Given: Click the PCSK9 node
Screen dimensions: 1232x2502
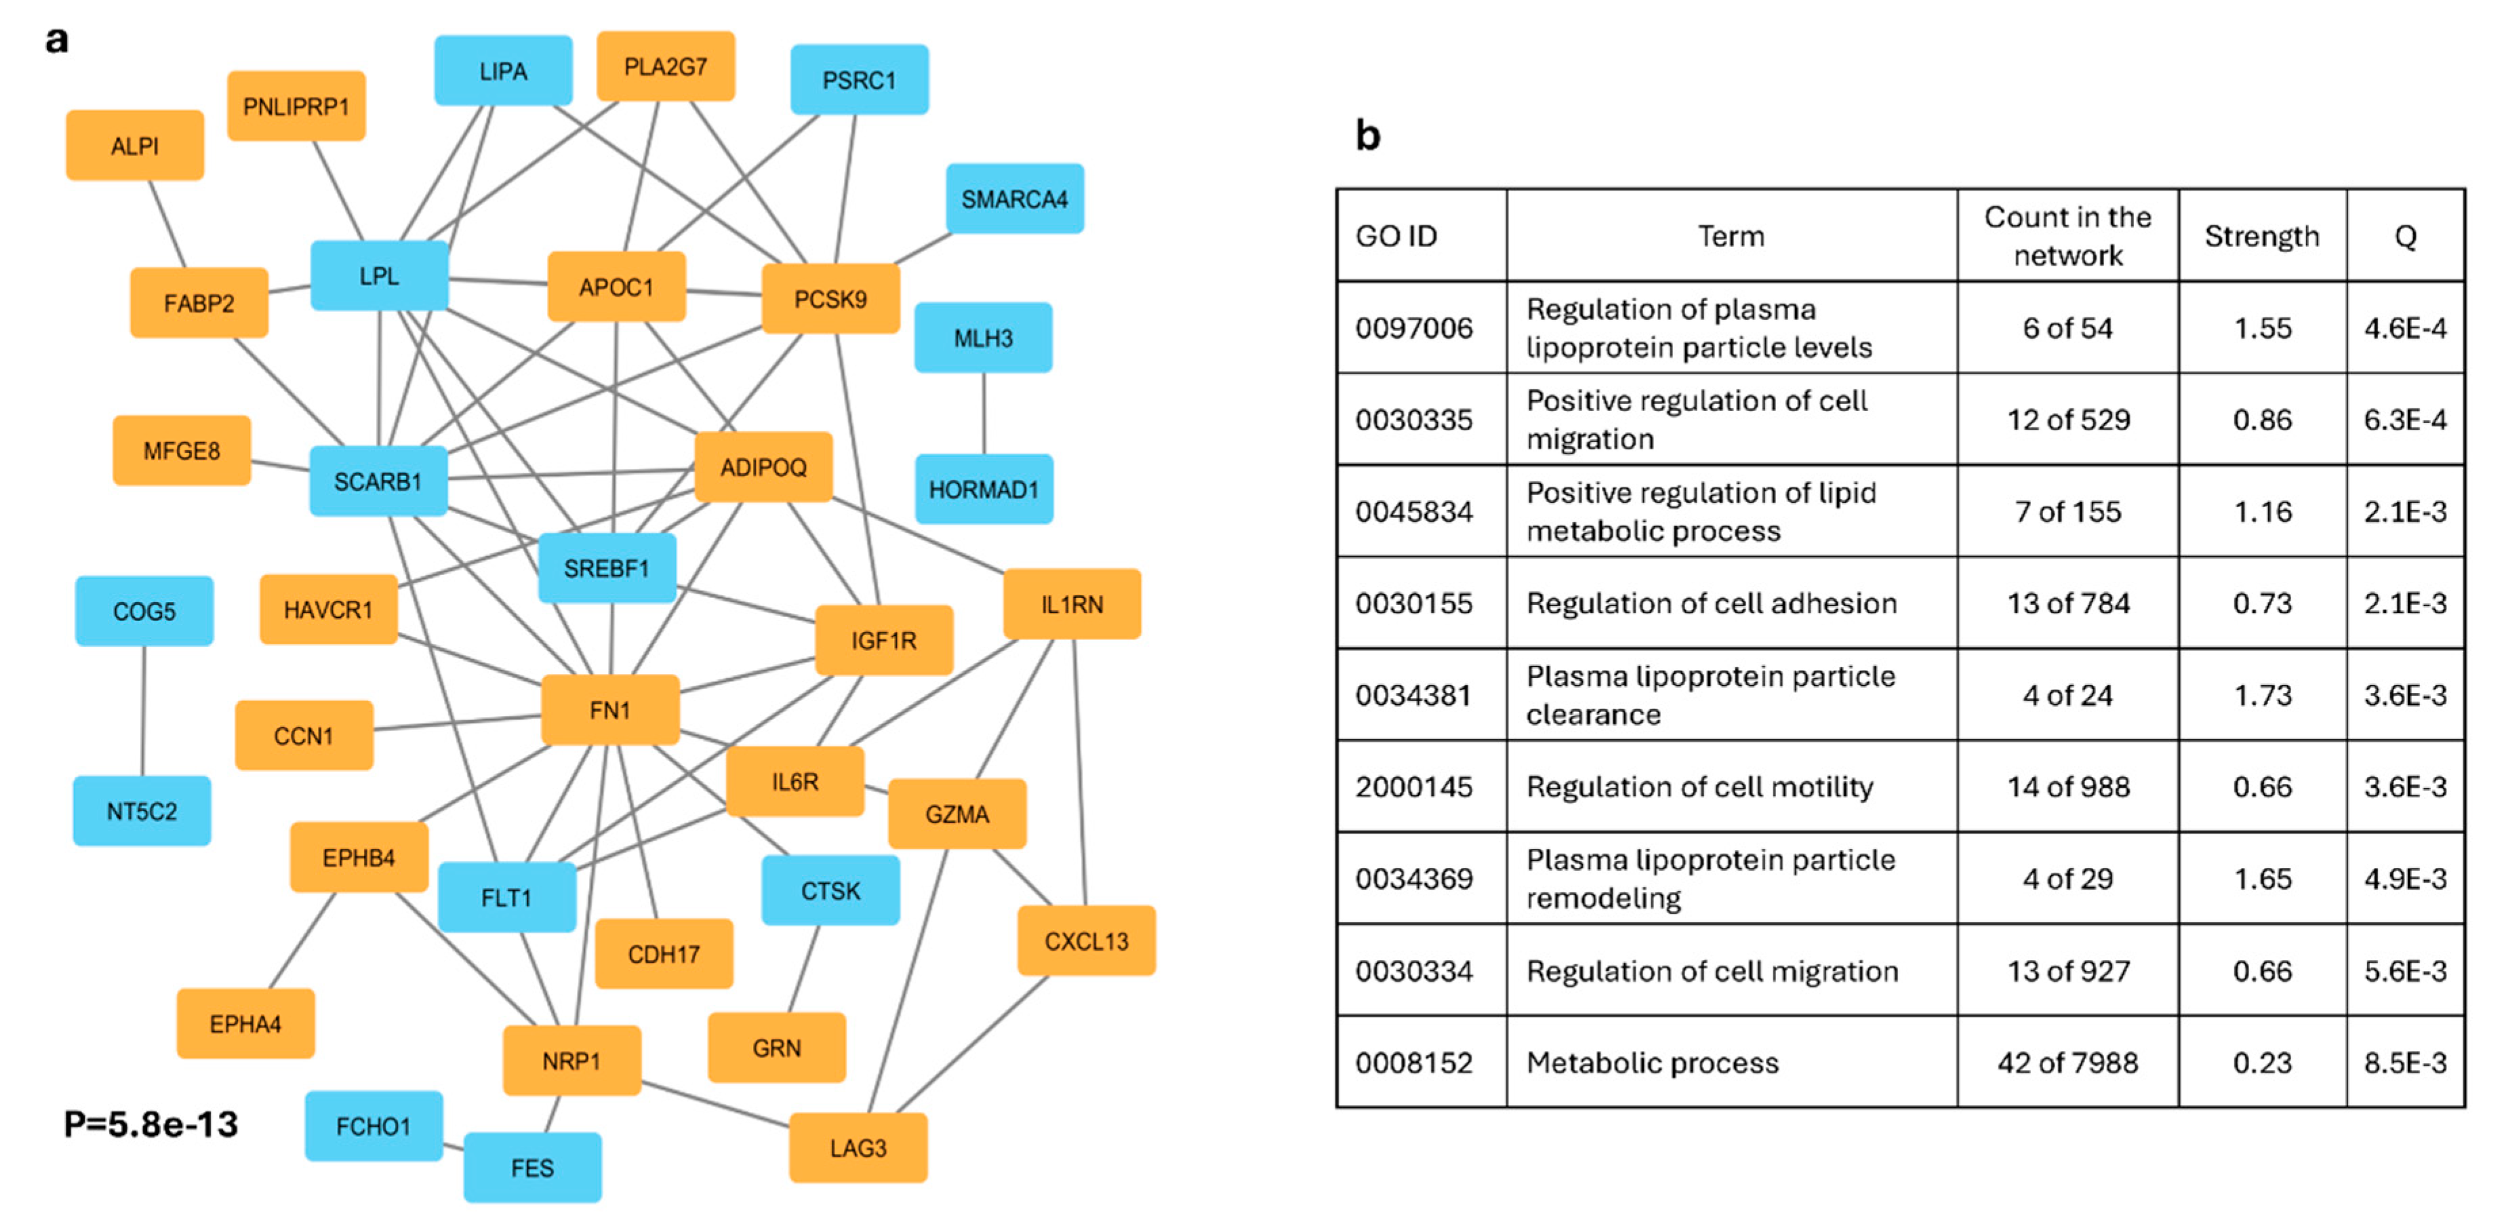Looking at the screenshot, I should (830, 299).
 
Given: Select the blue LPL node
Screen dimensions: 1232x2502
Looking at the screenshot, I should (379, 276).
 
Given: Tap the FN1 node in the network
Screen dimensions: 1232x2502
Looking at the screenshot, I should (610, 710).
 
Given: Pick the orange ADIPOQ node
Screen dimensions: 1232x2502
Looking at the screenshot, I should (763, 467).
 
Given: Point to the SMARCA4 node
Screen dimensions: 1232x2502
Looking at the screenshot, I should (1014, 199).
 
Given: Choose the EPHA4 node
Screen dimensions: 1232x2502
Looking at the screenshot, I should (245, 1024).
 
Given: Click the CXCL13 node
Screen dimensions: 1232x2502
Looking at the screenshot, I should (1086, 942).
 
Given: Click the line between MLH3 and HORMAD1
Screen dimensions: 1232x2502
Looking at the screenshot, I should (984, 413).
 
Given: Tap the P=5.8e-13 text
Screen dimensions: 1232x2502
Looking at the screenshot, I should (150, 1124).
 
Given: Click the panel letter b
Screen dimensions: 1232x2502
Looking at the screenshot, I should (1367, 136).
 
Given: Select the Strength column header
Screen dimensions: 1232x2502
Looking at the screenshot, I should (2261, 236).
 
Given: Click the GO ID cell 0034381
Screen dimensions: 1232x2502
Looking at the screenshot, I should (1413, 696).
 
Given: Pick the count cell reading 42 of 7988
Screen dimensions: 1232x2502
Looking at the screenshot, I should (2068, 1063).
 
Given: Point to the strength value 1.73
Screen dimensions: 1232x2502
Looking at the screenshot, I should (2262, 696).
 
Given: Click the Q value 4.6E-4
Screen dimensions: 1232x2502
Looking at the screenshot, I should (2405, 328).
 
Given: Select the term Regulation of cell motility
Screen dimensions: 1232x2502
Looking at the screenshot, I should (1699, 787).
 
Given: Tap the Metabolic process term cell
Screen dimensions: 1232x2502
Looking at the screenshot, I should (1652, 1063).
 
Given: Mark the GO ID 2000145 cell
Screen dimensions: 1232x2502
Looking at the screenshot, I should (1413, 787).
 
